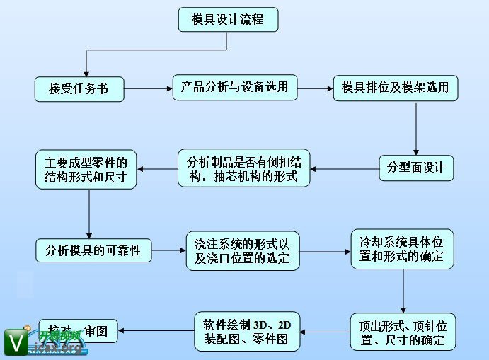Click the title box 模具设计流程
228,19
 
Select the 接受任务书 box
79,89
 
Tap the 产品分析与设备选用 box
234,87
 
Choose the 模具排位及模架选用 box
396,87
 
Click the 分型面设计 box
415,168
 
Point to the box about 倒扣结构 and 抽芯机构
243,168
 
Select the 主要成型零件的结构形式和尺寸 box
86,169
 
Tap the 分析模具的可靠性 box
93,250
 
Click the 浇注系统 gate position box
243,250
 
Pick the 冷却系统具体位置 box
402,248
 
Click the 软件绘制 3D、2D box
247,331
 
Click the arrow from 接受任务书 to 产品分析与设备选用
149,88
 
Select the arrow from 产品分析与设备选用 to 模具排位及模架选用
315,88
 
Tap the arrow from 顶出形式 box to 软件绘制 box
325,331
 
